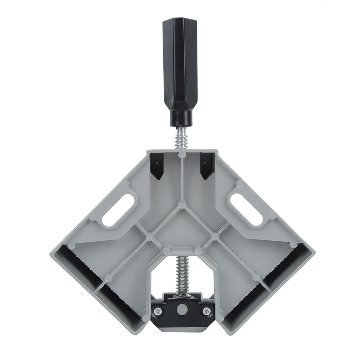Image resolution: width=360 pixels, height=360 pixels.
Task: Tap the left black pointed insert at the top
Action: (x=157, y=165)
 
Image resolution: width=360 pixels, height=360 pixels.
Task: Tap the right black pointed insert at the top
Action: (x=208, y=165)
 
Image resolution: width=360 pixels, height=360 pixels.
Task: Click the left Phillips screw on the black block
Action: (x=157, y=310)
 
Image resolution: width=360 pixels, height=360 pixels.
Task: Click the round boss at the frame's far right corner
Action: (x=293, y=245)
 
